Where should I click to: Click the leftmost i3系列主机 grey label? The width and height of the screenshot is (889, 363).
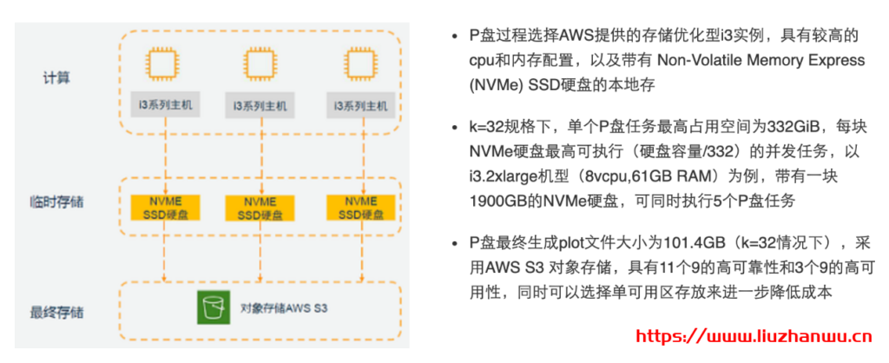(x=163, y=105)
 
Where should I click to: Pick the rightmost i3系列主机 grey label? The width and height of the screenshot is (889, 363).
(x=360, y=105)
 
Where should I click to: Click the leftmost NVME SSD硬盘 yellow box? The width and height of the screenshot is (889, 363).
(x=163, y=208)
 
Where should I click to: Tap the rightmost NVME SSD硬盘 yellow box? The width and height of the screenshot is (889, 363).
(x=358, y=208)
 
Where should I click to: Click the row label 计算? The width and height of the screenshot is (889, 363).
(x=56, y=77)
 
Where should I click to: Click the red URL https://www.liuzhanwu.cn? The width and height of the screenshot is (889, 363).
(x=754, y=333)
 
